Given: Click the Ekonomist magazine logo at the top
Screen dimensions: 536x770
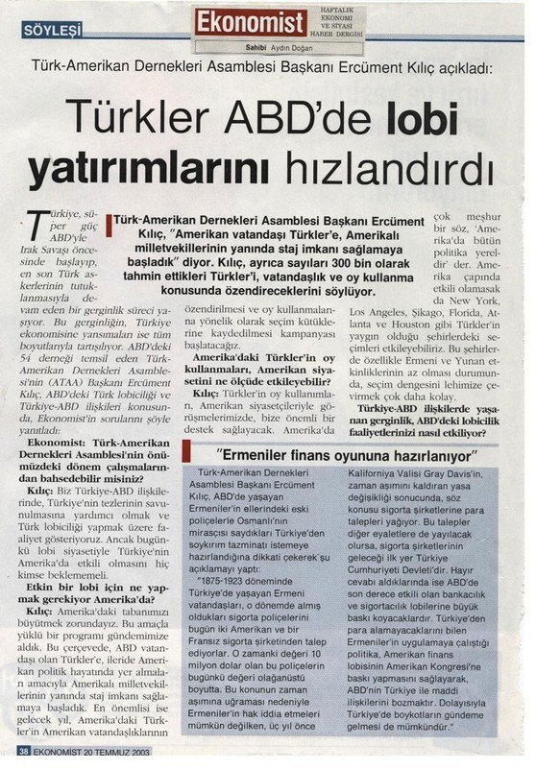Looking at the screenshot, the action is pyautogui.click(x=252, y=21).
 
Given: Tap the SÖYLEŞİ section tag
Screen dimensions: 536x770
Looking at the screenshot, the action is pyautogui.click(x=52, y=31).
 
